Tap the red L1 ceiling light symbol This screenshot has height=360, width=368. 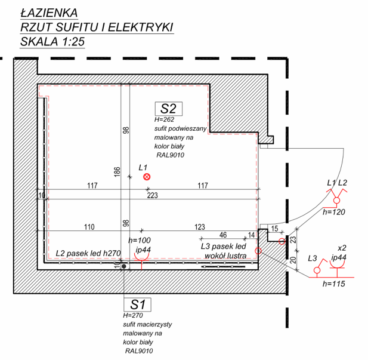[147, 177]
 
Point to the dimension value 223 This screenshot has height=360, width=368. [153, 195]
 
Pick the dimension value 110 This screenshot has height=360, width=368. [89, 227]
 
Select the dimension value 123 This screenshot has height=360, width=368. [200, 227]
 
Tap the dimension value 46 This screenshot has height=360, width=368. [223, 235]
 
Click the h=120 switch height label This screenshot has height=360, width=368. [334, 211]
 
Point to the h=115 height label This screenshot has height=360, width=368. [333, 284]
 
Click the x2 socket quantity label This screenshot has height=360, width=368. [342, 247]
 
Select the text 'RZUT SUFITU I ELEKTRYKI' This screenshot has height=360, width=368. [96, 27]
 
